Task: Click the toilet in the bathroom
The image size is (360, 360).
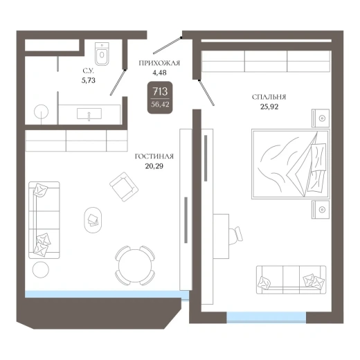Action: tap(102, 54)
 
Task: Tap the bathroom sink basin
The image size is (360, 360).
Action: tap(89, 114)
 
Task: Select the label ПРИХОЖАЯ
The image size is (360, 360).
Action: tap(159, 63)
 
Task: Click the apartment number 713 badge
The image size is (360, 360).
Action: tap(160, 98)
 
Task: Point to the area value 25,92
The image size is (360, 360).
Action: tap(269, 107)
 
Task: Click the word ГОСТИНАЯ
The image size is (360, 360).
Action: tap(154, 156)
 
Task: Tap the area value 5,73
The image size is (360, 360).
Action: tap(89, 80)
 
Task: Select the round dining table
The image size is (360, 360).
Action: tap(135, 266)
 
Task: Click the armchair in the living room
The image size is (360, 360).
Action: tap(124, 187)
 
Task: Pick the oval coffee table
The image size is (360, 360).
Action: tap(93, 219)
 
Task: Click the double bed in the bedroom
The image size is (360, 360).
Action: tap(290, 164)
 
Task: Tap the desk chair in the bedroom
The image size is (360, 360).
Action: tap(236, 235)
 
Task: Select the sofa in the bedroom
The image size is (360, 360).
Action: tap(291, 280)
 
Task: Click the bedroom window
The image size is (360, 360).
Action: tap(267, 317)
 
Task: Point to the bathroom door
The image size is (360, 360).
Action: tap(118, 82)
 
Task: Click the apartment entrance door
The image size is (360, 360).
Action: tap(168, 45)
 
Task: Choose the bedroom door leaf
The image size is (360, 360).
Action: tap(206, 93)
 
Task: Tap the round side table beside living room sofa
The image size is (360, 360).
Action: tap(41, 270)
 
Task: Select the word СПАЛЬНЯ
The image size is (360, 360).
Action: tap(269, 97)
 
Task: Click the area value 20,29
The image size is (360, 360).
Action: tap(154, 166)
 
